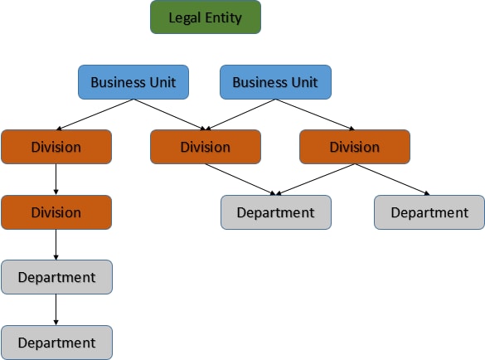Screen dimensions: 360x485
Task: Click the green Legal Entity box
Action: click(x=206, y=17)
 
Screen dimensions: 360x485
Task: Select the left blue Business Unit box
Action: click(x=133, y=82)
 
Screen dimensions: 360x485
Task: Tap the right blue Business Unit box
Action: click(x=275, y=82)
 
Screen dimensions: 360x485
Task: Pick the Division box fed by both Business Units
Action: click(x=206, y=147)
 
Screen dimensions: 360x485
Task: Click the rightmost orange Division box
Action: click(x=354, y=147)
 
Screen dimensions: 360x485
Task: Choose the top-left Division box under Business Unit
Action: click(x=56, y=147)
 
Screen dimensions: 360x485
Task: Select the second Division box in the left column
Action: click(x=56, y=212)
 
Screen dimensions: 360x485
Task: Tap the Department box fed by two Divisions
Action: click(x=275, y=212)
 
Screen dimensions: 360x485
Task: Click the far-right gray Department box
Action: click(x=429, y=212)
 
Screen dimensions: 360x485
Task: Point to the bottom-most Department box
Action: click(x=56, y=342)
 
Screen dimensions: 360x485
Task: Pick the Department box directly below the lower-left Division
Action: click(x=56, y=277)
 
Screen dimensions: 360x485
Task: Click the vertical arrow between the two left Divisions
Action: click(x=56, y=179)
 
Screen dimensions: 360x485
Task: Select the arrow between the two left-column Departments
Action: click(x=56, y=309)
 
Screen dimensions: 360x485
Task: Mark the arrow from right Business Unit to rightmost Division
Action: click(x=315, y=114)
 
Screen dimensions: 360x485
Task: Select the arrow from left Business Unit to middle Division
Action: click(x=170, y=114)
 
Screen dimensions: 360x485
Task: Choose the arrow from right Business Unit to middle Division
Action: click(x=240, y=114)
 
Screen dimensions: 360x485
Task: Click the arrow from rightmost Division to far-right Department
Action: click(x=392, y=179)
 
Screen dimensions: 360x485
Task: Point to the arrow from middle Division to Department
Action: click(x=240, y=179)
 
